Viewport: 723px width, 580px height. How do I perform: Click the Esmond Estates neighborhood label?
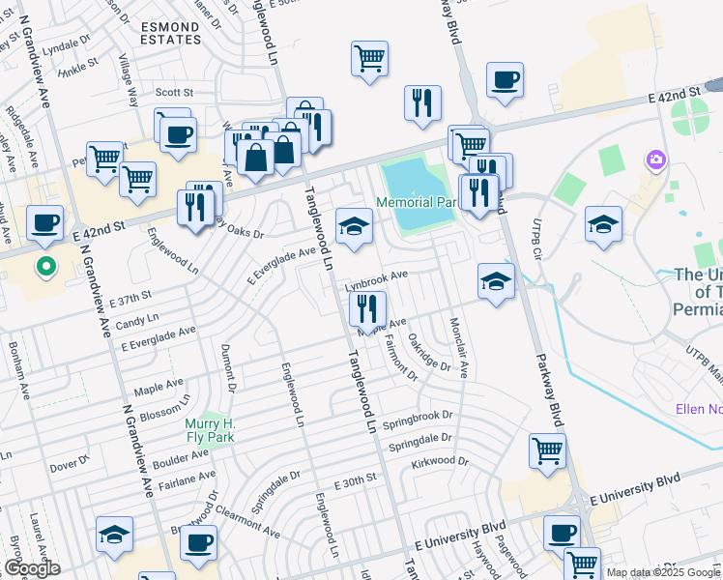(169, 32)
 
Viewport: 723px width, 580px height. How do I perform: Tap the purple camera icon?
(657, 159)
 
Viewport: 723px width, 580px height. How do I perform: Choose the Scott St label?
(175, 93)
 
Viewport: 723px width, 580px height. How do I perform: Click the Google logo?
(31, 568)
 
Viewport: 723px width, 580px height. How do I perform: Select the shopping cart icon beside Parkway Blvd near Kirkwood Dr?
(547, 450)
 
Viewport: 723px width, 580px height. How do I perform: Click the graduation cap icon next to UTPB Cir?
(603, 224)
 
